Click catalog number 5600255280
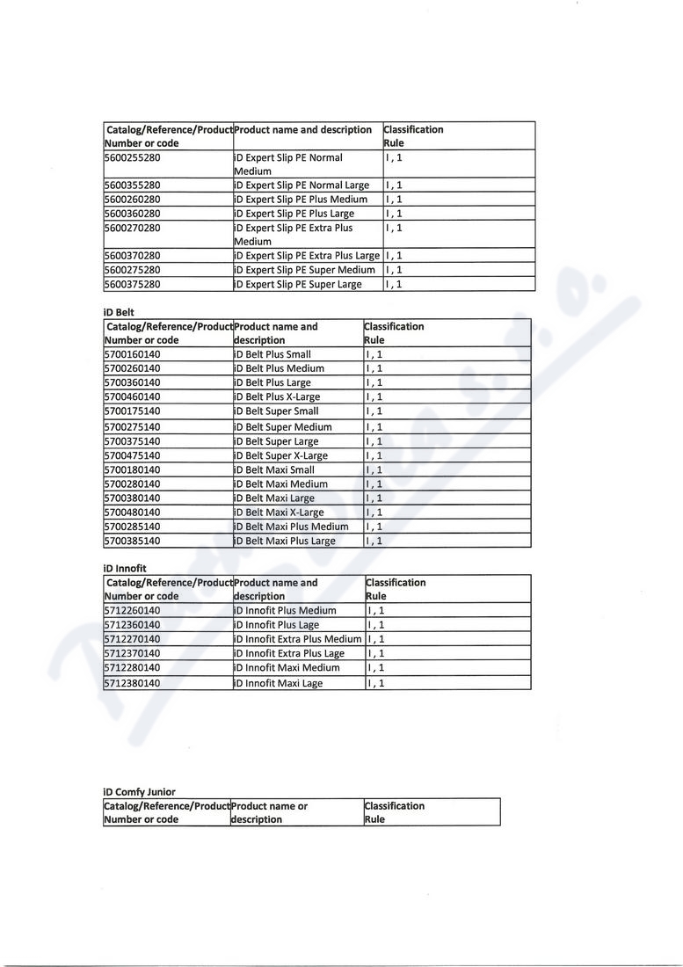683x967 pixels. (132, 158)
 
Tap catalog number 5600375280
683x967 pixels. (132, 285)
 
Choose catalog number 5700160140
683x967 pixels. (132, 354)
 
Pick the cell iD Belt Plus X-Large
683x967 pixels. (278, 396)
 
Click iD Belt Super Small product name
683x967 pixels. (277, 411)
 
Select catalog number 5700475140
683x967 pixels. (132, 455)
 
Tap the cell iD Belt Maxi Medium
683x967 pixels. (281, 484)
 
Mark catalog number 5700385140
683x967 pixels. (132, 541)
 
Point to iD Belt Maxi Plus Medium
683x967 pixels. (292, 527)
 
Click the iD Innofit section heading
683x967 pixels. (125, 569)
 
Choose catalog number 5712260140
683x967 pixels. (132, 610)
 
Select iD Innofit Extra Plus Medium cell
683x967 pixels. (298, 639)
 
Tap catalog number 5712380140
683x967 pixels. (132, 683)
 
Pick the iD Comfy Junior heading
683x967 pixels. (139, 792)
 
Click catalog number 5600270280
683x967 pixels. (132, 228)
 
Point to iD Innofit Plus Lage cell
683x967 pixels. (277, 625)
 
